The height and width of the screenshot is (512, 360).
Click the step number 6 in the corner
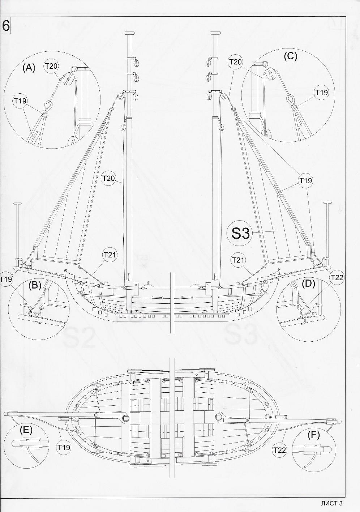6,26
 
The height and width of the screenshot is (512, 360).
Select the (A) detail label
29,68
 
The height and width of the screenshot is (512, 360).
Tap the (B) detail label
35,285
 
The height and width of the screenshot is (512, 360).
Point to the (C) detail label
290,56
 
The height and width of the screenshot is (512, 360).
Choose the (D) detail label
308,284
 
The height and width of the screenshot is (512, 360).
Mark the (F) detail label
313,435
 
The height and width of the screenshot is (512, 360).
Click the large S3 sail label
240,233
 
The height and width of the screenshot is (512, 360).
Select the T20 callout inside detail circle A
51,66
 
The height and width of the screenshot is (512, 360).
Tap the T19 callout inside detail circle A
20,101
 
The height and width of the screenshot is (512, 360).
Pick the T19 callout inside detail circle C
321,93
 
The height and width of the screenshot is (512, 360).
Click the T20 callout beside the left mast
108,178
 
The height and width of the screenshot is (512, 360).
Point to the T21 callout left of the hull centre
110,255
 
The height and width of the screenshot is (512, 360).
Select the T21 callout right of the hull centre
238,260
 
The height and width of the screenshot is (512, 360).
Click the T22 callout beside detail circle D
337,277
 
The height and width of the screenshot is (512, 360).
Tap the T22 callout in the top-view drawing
280,450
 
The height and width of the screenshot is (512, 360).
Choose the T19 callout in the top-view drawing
64,447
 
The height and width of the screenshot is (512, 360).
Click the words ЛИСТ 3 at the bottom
331,503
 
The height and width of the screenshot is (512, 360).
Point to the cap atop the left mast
129,33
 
